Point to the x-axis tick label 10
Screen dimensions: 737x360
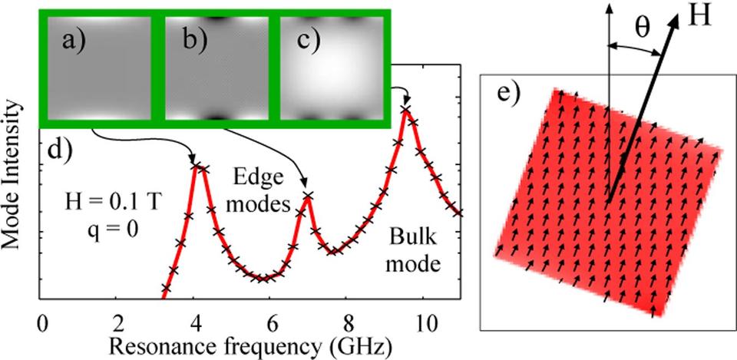coord(421,325)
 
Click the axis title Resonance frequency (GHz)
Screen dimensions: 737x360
coord(250,347)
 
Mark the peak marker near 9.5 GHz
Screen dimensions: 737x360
coord(405,110)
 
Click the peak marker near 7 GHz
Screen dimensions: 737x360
coord(308,195)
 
